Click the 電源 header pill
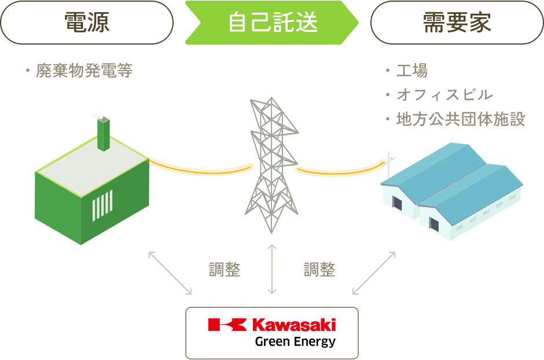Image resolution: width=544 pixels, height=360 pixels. (87, 23)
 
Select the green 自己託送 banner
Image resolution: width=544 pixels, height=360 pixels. (272, 23)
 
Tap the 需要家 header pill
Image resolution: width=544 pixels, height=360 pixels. (457, 23)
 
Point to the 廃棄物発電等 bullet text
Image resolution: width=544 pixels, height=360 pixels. (84, 71)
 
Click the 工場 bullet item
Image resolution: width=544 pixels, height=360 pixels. (411, 71)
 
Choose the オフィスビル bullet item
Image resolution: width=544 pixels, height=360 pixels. (444, 95)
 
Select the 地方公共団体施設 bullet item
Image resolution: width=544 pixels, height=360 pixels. (461, 120)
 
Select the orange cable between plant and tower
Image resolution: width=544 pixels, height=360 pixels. (200, 168)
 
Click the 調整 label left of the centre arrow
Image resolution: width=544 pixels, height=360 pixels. (224, 270)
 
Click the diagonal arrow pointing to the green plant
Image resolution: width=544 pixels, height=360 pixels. (170, 272)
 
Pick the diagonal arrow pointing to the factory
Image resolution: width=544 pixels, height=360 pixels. (374, 272)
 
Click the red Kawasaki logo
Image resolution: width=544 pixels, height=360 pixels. (272, 325)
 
